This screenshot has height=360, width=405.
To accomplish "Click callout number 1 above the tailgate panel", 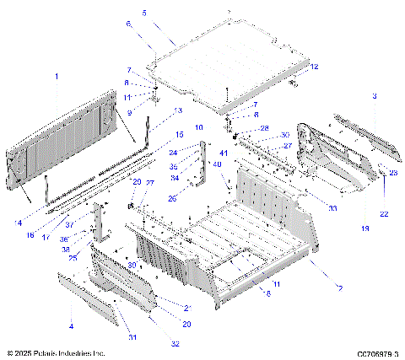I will point(57,77).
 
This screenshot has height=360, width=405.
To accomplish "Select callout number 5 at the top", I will point(143,13).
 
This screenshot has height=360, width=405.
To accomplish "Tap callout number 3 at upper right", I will point(374,98).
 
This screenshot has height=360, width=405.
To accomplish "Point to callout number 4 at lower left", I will point(70,325).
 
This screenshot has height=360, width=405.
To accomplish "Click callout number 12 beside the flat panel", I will point(313,66).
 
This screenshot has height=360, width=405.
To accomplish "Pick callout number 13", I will point(178,110).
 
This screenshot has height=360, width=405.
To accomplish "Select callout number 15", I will point(179,134).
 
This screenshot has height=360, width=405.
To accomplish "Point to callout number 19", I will point(365,228).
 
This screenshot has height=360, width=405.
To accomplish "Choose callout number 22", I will point(384,214).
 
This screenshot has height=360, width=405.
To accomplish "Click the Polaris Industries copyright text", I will point(56,353).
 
